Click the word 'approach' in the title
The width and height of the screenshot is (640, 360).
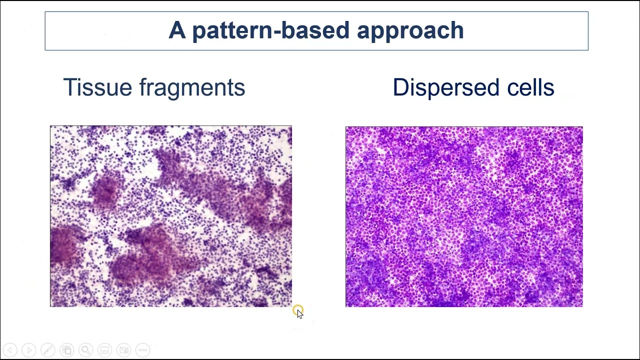coord(410,31)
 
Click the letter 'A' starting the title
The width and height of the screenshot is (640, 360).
coord(177,30)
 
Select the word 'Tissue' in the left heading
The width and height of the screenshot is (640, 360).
coord(97,87)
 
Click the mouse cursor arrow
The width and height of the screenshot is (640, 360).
coord(299,313)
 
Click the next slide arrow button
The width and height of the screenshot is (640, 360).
coord(29,350)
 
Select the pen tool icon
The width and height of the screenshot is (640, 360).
coord(48,350)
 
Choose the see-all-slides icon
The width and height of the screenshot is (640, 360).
coord(67,350)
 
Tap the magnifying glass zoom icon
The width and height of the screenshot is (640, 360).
coord(86,350)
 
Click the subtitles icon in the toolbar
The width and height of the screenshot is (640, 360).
coord(105,350)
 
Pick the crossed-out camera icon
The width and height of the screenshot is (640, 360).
coord(124,350)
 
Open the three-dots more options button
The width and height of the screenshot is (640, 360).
coord(143,350)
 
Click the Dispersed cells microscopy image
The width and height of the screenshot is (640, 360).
coord(464,216)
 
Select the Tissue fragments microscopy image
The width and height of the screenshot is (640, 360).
coord(170,216)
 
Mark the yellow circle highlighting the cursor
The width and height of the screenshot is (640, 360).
coord(297,310)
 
